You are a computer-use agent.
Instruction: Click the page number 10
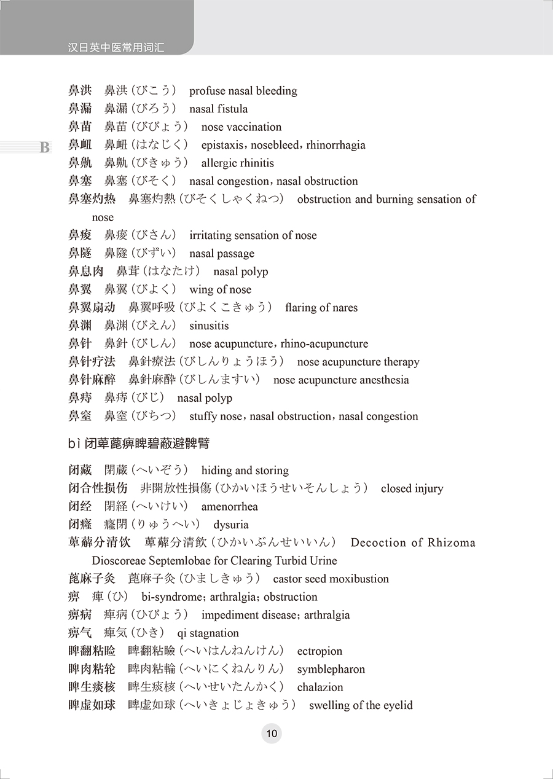click(x=272, y=733)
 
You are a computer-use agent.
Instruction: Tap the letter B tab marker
click(x=44, y=147)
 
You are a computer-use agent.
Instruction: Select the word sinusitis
click(x=209, y=326)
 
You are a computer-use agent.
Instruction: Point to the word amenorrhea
click(x=229, y=507)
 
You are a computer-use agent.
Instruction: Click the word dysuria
click(x=231, y=525)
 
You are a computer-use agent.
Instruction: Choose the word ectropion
click(x=320, y=651)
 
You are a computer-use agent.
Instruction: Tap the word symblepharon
click(x=331, y=669)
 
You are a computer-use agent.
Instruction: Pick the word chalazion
click(x=320, y=687)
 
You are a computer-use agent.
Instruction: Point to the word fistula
click(x=233, y=109)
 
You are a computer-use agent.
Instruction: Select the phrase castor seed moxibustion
click(x=331, y=579)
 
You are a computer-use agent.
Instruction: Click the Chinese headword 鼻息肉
click(x=85, y=272)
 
